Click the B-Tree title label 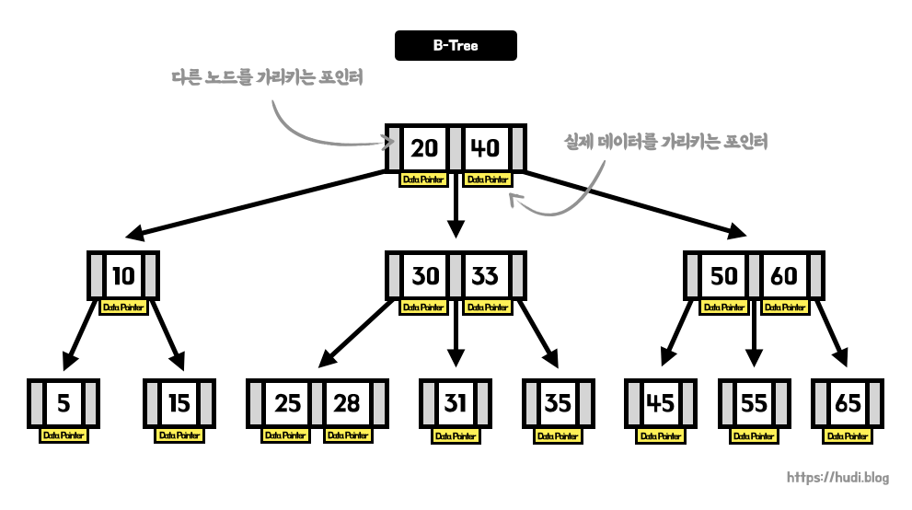click(456, 45)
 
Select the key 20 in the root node click(424, 148)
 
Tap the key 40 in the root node click(486, 148)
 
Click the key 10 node click(124, 274)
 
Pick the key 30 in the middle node click(424, 274)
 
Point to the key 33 click(485, 274)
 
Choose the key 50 click(723, 274)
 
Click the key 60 click(783, 274)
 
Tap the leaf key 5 click(63, 402)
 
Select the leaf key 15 click(179, 402)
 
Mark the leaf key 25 click(287, 402)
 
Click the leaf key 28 click(347, 402)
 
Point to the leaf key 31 click(456, 402)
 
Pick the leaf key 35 click(559, 402)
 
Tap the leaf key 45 click(661, 402)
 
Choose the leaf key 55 click(754, 402)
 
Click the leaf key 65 click(848, 402)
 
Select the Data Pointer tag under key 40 click(486, 180)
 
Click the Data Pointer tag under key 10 click(124, 307)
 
